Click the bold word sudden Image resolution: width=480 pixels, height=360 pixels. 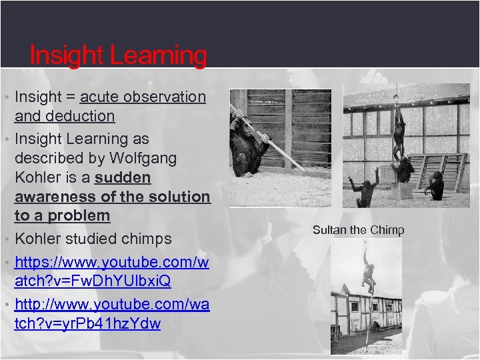pyautogui.click(x=123, y=178)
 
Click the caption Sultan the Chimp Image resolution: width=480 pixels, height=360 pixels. pyautogui.click(x=358, y=230)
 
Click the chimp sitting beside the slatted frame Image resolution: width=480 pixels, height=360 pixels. pyautogui.click(x=436, y=185)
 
